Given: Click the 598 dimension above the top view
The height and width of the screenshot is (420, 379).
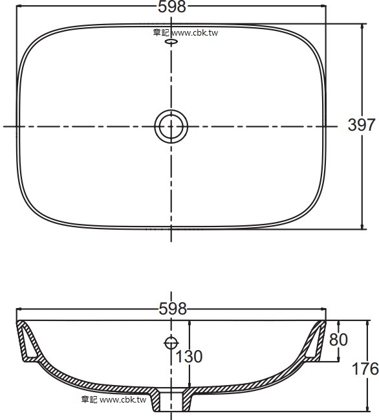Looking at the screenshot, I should coord(171,7).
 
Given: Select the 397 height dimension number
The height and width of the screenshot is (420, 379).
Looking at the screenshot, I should coord(362,126).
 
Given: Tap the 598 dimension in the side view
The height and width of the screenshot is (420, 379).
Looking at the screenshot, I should coord(171,309).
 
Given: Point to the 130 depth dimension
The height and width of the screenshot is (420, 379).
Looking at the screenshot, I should coord(188,357).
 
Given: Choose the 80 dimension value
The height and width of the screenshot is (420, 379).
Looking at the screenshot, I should coord(338,339).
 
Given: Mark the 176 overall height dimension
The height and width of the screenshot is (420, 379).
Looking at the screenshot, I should coord(365,370).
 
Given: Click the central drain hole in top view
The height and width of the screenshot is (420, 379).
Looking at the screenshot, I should coord(171,126).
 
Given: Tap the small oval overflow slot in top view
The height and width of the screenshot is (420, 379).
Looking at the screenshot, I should coord(171,42).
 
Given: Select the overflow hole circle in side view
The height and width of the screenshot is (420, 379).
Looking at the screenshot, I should coord(171,342).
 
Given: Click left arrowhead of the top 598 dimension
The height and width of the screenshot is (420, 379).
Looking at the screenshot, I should coord(19,7).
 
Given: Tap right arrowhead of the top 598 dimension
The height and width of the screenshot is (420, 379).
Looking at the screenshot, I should coord(323,7).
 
